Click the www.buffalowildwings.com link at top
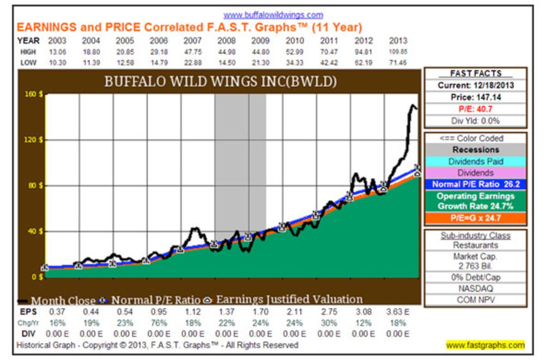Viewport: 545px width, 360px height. coord(273,15)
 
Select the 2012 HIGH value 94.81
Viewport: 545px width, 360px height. coord(363,52)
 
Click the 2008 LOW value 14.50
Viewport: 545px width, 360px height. coord(227,63)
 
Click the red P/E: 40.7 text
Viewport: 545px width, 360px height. coord(476,109)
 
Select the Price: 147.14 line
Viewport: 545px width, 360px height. coord(476,97)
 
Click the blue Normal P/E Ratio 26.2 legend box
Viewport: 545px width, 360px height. coord(476,184)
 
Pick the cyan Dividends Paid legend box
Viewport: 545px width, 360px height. coord(476,162)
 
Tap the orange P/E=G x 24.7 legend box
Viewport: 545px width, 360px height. coord(476,218)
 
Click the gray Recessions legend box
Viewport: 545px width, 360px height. coord(476,150)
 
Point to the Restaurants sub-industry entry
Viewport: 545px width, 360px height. coord(476,246)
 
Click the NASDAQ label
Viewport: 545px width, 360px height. coord(476,289)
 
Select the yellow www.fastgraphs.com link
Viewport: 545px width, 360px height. coord(485,345)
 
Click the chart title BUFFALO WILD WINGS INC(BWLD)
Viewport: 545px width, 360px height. coord(221,82)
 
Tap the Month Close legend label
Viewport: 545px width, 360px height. coord(63,301)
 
